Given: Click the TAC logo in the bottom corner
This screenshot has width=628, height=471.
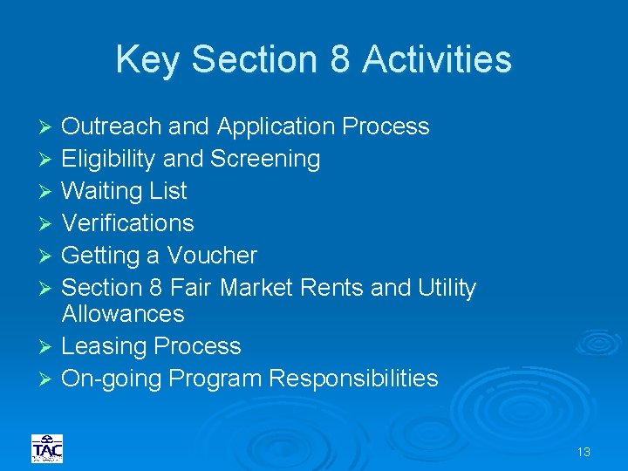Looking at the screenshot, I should click(47, 448).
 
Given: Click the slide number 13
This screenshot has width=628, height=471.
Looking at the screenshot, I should click(584, 452).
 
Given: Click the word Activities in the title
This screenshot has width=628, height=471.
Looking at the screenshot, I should click(437, 59).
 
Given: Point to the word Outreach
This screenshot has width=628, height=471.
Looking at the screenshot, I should click(112, 126).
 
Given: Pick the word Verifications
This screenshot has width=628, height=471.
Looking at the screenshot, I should click(127, 223).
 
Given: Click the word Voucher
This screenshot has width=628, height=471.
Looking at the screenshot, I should click(212, 256).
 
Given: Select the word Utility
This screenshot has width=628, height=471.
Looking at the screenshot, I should click(447, 288).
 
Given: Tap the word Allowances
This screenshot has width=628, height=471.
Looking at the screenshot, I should click(123, 313).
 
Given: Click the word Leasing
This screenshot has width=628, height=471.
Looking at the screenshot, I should click(105, 346).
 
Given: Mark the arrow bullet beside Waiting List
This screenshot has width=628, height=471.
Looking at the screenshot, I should click(47, 192).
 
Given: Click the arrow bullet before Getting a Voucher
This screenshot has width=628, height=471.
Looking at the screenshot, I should click(47, 256).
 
